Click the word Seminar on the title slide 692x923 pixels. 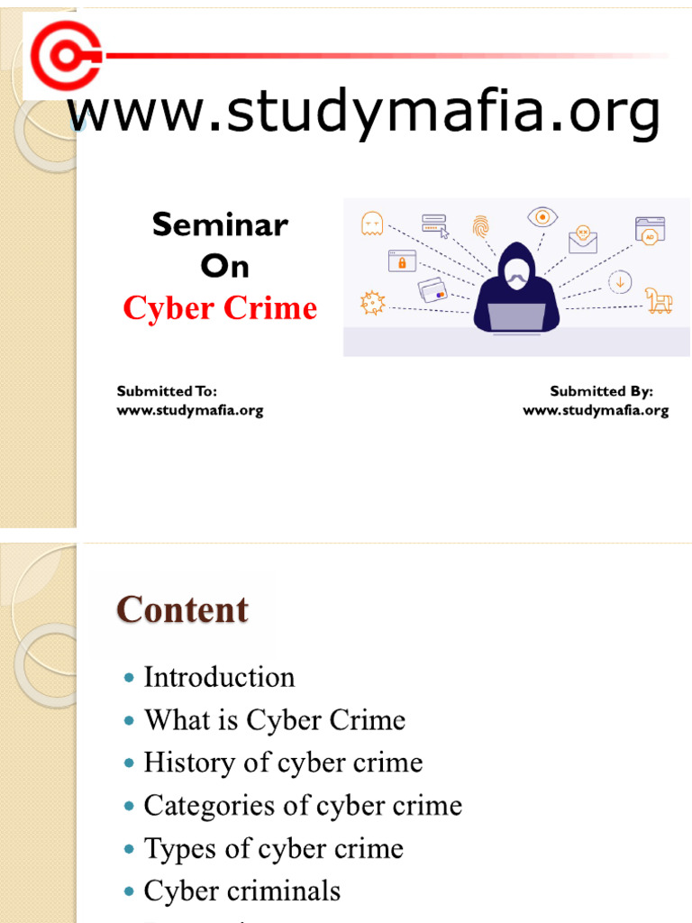tap(220, 225)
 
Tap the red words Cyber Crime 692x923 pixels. tap(220, 309)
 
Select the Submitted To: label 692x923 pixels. tap(167, 391)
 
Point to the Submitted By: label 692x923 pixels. tap(601, 391)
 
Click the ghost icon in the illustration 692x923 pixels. tap(371, 224)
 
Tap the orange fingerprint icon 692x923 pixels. tap(480, 225)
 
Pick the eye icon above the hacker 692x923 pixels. tap(542, 216)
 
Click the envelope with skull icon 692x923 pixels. tap(583, 238)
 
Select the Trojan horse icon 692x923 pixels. tap(659, 300)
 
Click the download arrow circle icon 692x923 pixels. tap(620, 282)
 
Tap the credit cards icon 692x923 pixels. tap(432, 290)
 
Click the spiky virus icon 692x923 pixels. tap(372, 303)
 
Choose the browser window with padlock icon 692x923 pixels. tap(402, 260)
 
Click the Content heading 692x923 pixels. tap(182, 610)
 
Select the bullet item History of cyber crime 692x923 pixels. tap(283, 763)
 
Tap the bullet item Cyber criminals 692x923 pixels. tap(242, 891)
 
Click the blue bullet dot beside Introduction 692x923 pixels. tap(130, 677)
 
